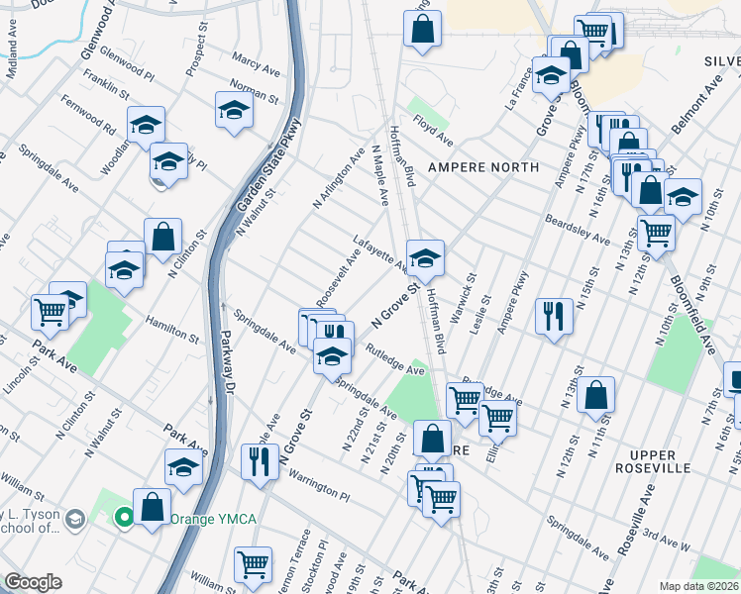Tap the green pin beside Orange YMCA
click(124, 516)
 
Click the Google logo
click(33, 582)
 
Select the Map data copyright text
click(699, 586)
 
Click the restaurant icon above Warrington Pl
click(258, 460)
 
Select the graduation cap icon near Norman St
click(234, 109)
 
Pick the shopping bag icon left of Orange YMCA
click(152, 507)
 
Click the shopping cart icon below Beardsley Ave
click(656, 233)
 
